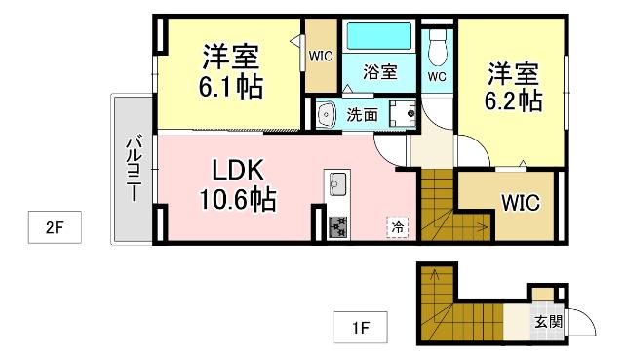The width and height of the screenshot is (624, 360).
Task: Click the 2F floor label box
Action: pos(54,228)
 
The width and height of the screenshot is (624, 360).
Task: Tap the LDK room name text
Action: pos(235,167)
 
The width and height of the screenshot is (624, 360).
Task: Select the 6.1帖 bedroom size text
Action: pos(231,88)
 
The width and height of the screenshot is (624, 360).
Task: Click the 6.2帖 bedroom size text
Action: pos(515,100)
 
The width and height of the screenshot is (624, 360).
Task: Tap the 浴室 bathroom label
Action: pos(379,71)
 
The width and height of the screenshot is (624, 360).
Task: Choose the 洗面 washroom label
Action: pos(363,114)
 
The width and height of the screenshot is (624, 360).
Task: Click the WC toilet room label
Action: pos(437,76)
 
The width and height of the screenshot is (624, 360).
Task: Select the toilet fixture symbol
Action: pos(438,41)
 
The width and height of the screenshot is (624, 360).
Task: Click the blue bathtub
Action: pos(379,37)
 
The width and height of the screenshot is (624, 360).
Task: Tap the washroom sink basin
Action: pos(326,112)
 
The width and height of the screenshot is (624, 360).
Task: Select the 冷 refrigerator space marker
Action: pos(397,226)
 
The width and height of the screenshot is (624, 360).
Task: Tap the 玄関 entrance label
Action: pos(546,321)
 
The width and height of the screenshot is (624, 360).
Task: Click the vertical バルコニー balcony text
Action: pos(130,168)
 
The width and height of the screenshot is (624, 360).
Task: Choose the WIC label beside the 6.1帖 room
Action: pos(320,56)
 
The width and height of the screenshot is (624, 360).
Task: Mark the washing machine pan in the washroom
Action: pos(401,113)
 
